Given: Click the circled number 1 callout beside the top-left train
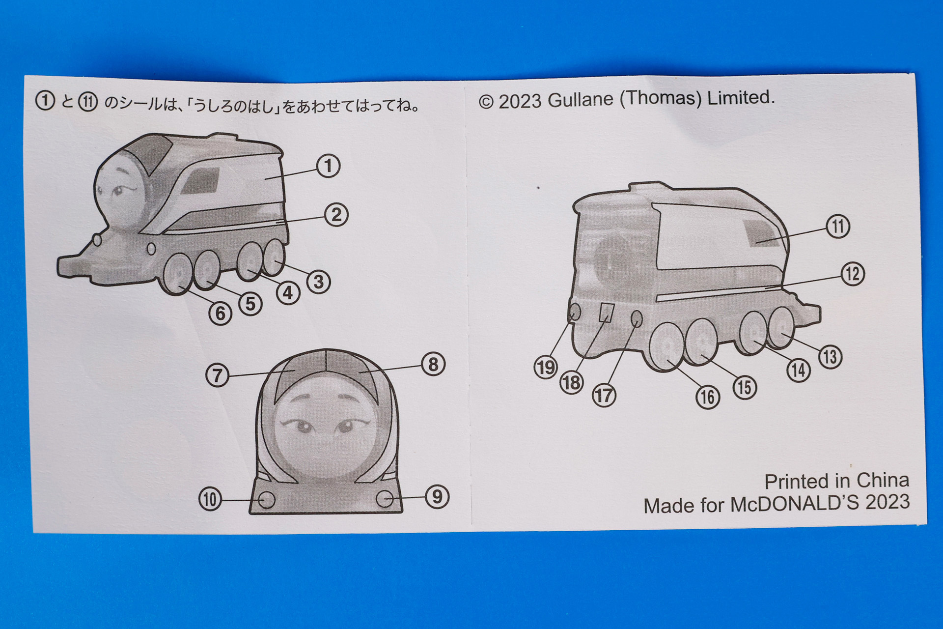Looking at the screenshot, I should tap(329, 166).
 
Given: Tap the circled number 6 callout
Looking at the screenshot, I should tap(221, 314).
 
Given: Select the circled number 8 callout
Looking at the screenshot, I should tap(433, 365).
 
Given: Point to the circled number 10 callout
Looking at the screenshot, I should tap(210, 499).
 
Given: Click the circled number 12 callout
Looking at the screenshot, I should tap(853, 274).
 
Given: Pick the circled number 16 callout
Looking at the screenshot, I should tap(708, 397).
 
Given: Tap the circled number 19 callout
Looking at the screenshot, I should tap(546, 368).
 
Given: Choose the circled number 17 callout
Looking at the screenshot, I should tap(604, 396).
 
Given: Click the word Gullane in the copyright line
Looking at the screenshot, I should tap(581, 100).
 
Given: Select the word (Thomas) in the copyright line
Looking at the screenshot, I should tap(661, 98).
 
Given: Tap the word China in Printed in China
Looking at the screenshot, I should tap(883, 480).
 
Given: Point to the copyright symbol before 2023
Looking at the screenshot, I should tap(486, 102).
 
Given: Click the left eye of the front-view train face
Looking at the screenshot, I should tap(301, 426).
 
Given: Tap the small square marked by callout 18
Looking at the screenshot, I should tap(607, 312).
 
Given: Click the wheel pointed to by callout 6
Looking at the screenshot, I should tap(177, 276).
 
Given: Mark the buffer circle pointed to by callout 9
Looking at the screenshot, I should tap(385, 499).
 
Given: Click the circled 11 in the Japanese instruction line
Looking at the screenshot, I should tap(88, 102).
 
